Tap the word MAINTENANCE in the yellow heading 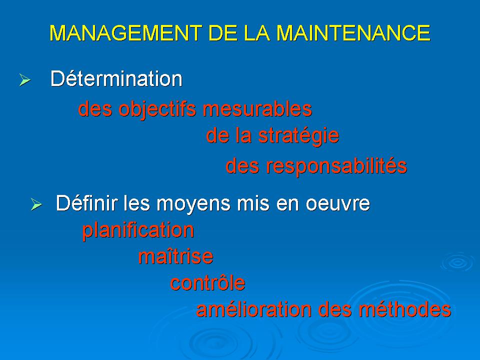click(x=353, y=33)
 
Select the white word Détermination click(x=116, y=78)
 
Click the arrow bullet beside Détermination click(x=25, y=80)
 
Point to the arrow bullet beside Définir click(x=36, y=204)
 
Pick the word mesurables click(x=257, y=109)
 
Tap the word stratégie click(x=299, y=136)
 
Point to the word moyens click(x=193, y=204)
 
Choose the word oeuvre click(x=338, y=204)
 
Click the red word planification click(x=138, y=230)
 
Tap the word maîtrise click(x=175, y=256)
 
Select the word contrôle click(x=208, y=283)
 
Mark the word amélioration click(x=254, y=309)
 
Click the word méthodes click(x=405, y=309)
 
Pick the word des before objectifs click(x=95, y=109)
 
